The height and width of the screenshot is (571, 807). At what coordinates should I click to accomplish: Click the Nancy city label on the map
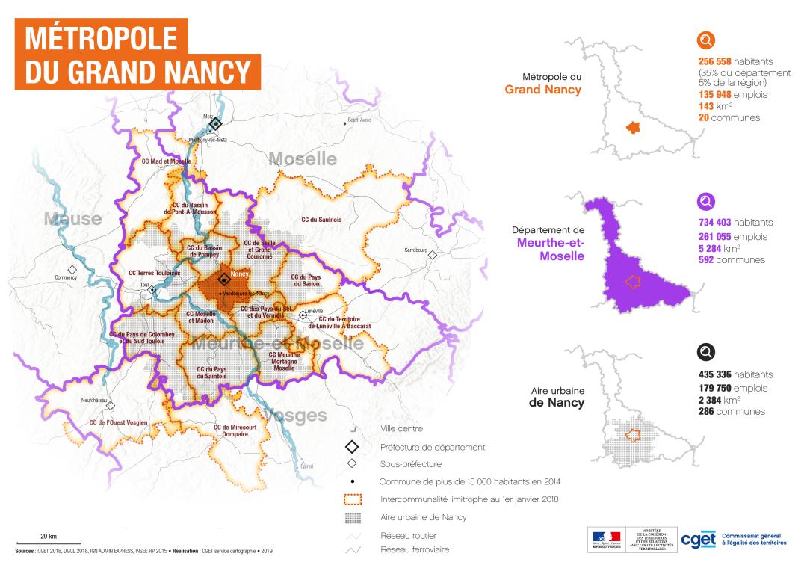[x=239, y=274]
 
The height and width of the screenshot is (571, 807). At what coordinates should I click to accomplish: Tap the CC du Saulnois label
[x=321, y=220]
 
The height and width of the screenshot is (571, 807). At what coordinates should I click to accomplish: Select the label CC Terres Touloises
[x=155, y=273]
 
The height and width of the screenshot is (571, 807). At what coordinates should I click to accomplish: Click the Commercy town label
[x=66, y=277]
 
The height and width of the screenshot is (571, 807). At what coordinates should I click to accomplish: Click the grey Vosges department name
[x=296, y=415]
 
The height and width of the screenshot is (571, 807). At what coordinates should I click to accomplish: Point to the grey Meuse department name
[x=72, y=219]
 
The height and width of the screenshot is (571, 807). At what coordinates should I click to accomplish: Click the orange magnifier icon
[x=706, y=40]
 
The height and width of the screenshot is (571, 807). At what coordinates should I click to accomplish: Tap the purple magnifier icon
[x=706, y=202]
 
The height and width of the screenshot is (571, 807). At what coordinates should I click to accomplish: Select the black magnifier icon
[x=706, y=353]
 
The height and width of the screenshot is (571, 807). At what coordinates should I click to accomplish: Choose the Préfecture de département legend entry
[x=433, y=447]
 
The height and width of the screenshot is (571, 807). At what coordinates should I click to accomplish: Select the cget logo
[x=698, y=540]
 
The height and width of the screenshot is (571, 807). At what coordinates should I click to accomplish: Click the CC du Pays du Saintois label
[x=211, y=372]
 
